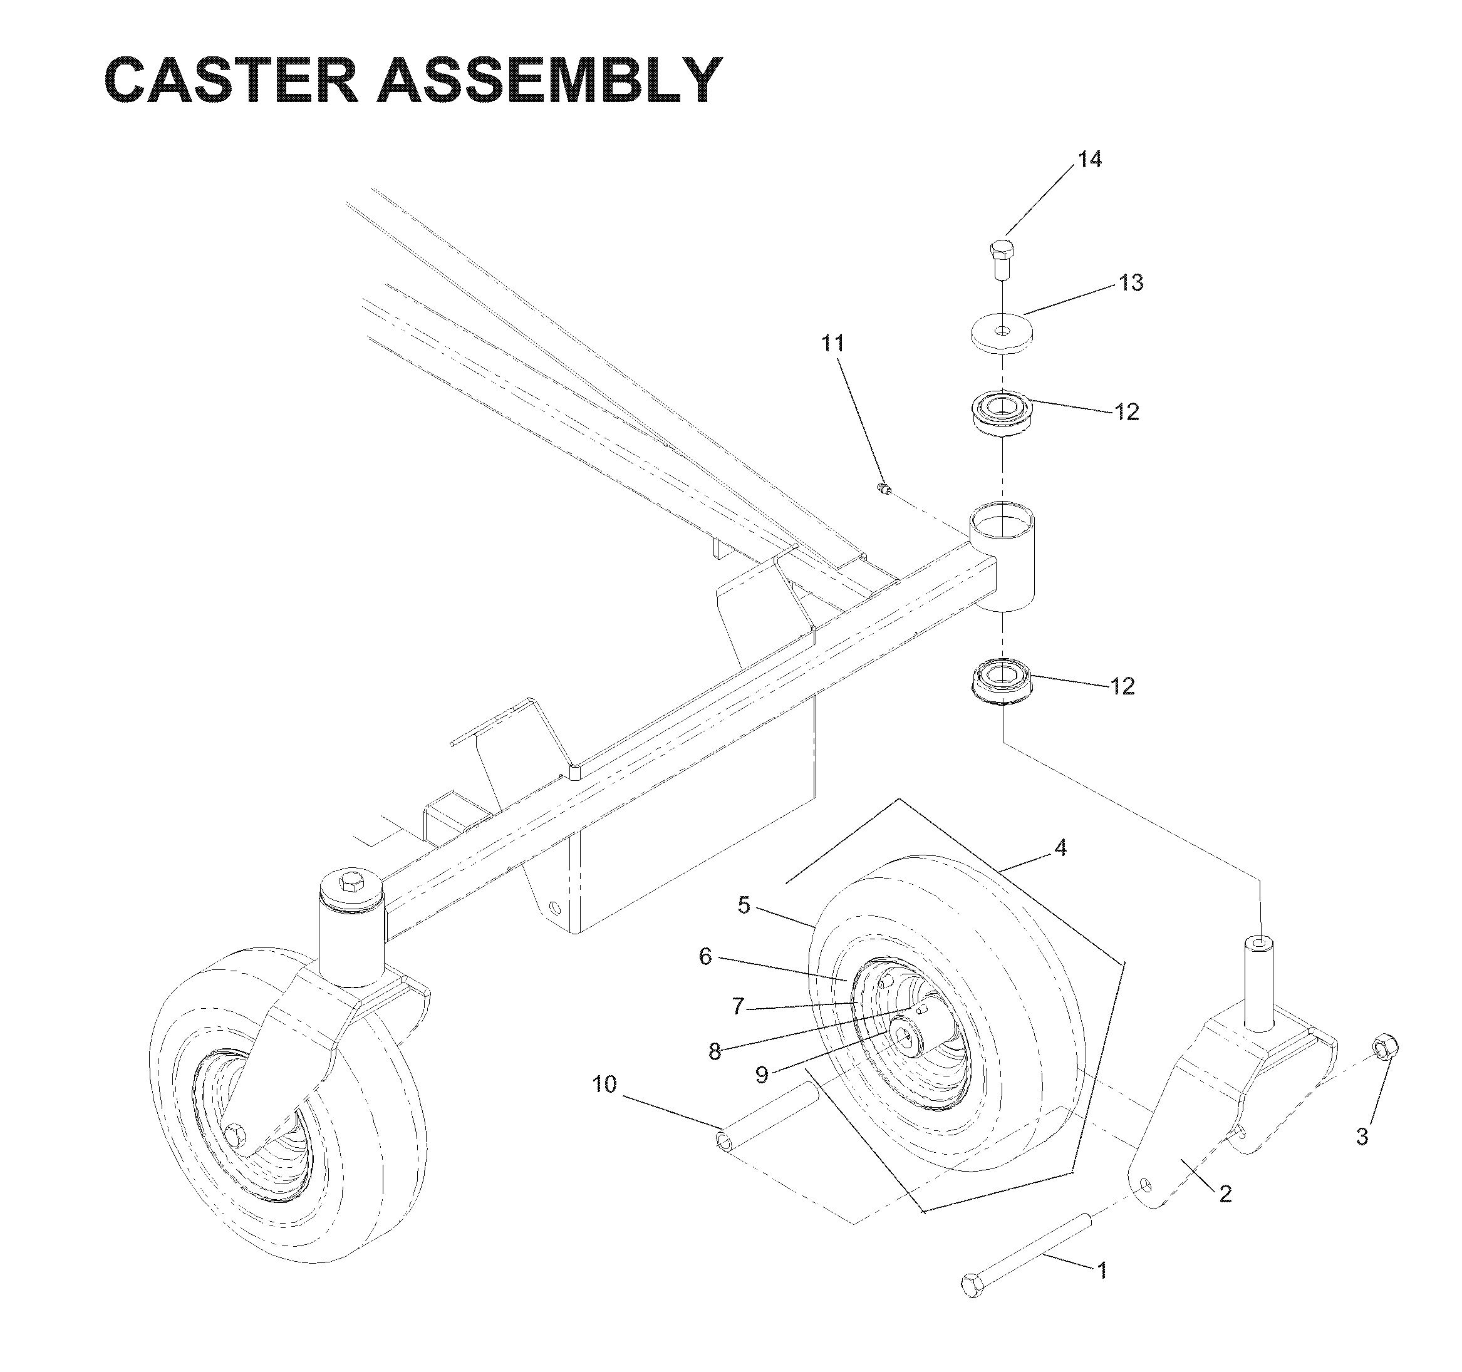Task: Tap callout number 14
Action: (1090, 159)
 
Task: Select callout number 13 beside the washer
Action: (1131, 282)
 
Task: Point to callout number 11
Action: (833, 343)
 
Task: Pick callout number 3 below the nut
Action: (1362, 1136)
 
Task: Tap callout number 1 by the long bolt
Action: (1102, 1270)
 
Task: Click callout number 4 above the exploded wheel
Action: (1060, 848)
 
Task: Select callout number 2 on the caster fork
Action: (1225, 1194)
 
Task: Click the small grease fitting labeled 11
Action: (886, 487)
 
